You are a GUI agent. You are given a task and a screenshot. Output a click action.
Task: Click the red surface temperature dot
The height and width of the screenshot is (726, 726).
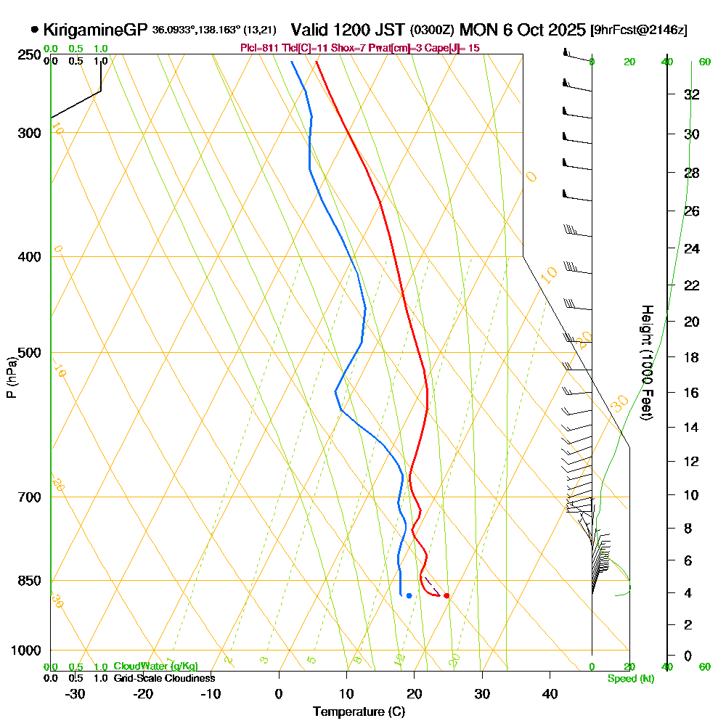tap(446, 596)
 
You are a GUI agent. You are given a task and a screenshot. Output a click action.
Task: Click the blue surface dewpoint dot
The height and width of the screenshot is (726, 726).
tap(409, 596)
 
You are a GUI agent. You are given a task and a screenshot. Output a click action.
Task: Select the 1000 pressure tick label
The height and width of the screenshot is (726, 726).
tap(26, 650)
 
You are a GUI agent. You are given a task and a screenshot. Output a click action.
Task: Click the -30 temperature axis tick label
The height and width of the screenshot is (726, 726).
tap(75, 693)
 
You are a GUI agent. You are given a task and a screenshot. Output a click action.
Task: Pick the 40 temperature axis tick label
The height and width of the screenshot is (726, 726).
tap(550, 693)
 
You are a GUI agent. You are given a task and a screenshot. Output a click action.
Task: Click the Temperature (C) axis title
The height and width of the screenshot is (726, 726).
tap(359, 711)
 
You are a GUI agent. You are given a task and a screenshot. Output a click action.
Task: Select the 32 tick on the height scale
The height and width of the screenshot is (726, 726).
tap(692, 94)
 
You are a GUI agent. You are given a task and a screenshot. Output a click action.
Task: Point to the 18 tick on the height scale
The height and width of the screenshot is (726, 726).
tap(692, 357)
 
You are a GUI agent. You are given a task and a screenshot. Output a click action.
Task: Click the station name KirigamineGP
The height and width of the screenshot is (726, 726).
tap(95, 30)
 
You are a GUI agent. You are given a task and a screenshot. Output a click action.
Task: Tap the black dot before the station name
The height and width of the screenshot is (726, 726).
tap(35, 30)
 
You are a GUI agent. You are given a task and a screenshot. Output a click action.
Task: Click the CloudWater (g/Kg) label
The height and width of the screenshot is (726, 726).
tap(155, 666)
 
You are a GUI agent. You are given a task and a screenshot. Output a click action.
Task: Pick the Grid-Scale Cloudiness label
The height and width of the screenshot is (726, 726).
tap(163, 678)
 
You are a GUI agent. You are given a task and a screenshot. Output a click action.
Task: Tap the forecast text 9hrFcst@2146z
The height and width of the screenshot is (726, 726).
tap(640, 30)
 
